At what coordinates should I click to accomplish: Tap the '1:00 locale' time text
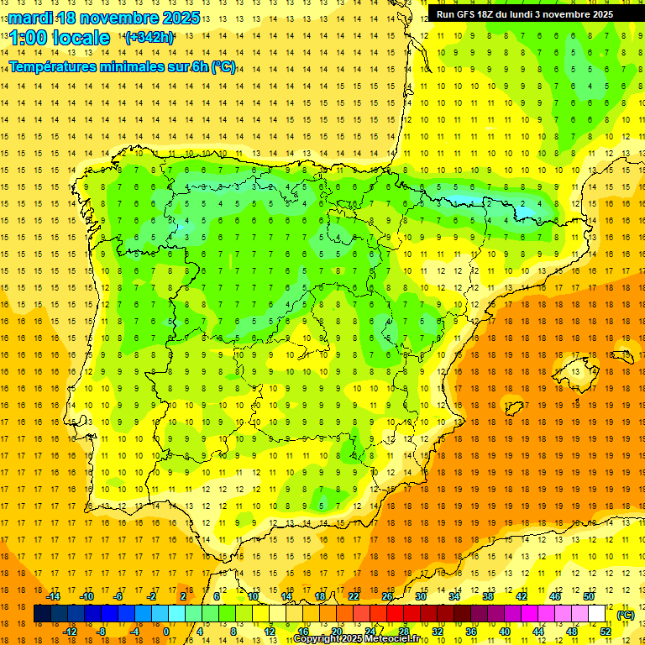point(59,38)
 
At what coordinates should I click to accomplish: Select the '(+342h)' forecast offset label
point(149,38)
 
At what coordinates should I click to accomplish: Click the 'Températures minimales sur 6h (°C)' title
point(123,66)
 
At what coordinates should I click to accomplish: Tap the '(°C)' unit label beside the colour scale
point(625,615)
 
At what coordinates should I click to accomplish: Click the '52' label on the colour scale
point(606,632)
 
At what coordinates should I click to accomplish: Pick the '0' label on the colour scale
point(166,632)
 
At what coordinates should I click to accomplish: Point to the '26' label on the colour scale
point(387,596)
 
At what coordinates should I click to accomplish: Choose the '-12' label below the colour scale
point(70,632)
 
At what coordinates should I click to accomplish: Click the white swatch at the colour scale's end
point(596,614)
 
